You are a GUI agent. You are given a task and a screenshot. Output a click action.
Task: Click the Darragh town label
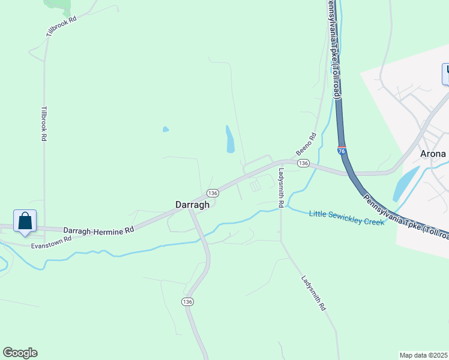pyautogui.click(x=192, y=205)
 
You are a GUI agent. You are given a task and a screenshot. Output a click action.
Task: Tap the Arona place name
pyautogui.click(x=433, y=154)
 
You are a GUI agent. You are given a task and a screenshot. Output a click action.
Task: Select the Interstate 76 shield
pyautogui.click(x=342, y=150)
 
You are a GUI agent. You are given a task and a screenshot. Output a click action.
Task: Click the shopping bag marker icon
pyautogui.click(x=25, y=221)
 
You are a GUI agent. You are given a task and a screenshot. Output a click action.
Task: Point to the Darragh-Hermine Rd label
pyautogui.click(x=98, y=230)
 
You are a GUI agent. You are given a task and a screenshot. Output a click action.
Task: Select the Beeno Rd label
pyautogui.click(x=305, y=145)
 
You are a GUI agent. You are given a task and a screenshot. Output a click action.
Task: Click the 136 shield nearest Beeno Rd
pyautogui.click(x=303, y=163)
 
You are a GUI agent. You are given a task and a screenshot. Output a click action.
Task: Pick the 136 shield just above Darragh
pyautogui.click(x=212, y=193)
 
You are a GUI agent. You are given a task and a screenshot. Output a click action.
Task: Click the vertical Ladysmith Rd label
pyautogui.click(x=281, y=188)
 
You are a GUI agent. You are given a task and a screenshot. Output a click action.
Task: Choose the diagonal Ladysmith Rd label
pyautogui.click(x=313, y=293)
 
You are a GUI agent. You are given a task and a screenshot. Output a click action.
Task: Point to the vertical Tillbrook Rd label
pyautogui.click(x=44, y=124)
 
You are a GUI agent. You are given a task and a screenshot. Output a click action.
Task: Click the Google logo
pyautogui.click(x=20, y=353)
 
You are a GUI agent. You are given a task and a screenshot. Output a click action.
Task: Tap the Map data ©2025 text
pyautogui.click(x=423, y=355)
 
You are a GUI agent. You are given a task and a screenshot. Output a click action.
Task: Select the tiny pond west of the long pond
pyautogui.click(x=165, y=129)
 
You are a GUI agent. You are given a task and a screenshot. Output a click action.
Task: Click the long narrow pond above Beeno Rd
pyautogui.click(x=230, y=139)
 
